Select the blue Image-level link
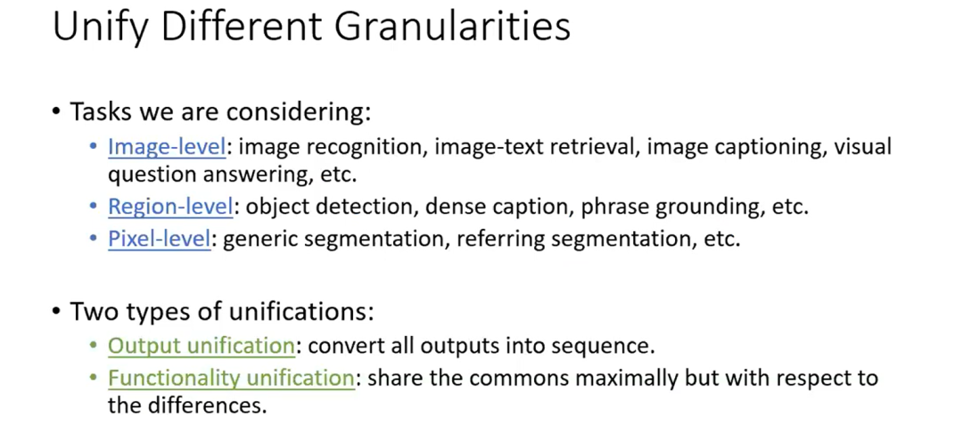[x=167, y=147]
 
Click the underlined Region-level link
[x=170, y=207]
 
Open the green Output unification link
[x=202, y=346]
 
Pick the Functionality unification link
[x=232, y=378]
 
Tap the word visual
[x=862, y=147]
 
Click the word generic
[x=260, y=239]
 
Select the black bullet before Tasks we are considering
[x=57, y=113]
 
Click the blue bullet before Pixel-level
[x=94, y=239]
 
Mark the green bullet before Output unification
[x=94, y=346]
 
